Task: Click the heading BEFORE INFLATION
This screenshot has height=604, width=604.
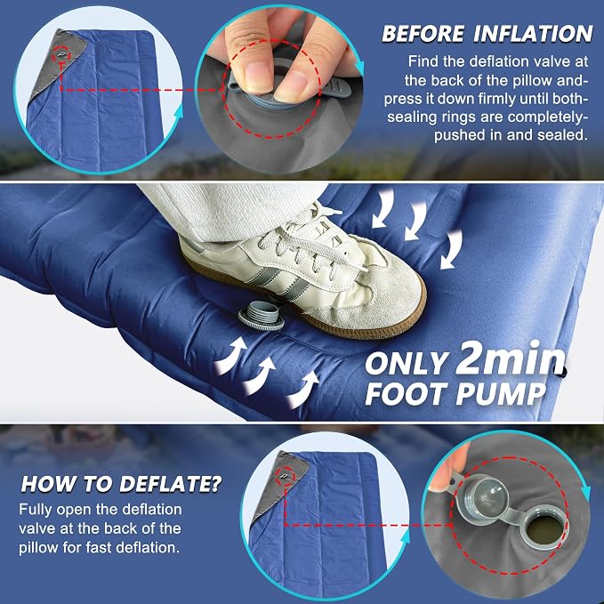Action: click(487, 34)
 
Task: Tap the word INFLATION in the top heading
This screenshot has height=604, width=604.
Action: click(533, 34)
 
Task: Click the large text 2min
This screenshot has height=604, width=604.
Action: click(511, 358)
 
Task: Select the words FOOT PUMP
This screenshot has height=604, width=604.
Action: click(455, 394)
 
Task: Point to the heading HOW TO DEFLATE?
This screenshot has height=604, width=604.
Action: click(121, 484)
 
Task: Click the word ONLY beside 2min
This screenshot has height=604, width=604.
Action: click(406, 363)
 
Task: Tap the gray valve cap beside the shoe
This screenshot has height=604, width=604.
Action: click(261, 315)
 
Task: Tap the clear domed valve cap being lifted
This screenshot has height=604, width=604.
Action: click(488, 499)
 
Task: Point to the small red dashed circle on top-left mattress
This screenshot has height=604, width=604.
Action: click(61, 54)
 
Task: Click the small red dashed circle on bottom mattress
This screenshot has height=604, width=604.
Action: click(286, 477)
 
